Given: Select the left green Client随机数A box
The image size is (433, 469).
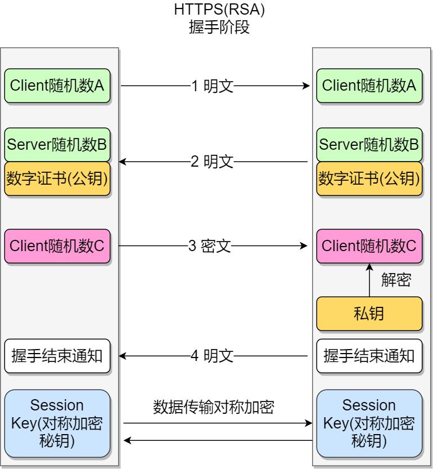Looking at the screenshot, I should (57, 86).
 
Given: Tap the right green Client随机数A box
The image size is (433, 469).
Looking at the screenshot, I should (369, 86).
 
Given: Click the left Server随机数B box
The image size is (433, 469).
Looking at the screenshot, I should (57, 144).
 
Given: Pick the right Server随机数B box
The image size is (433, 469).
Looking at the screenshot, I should (369, 144).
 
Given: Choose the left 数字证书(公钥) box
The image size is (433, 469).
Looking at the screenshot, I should (57, 178).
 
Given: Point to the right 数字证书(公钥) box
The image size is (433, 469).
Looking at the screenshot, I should (369, 178).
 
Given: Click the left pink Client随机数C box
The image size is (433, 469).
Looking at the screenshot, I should (57, 245).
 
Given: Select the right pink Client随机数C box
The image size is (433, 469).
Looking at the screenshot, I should (369, 245).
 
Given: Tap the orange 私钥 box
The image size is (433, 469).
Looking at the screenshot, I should (369, 314).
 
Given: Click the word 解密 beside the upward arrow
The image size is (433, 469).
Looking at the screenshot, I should (396, 280).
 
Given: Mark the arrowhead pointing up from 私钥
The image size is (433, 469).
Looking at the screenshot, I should (369, 267).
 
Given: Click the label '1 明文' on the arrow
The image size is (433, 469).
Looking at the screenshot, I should (212, 86).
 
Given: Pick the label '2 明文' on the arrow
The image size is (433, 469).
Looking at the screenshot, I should (212, 162).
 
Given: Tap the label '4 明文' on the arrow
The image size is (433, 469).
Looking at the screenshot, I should (212, 356).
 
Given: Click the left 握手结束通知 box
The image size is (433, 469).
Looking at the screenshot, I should (57, 356).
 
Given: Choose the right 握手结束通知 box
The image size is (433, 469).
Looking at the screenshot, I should (369, 356).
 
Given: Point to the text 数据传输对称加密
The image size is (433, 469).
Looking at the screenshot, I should (214, 407).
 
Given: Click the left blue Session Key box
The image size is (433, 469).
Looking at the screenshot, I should (57, 423).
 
